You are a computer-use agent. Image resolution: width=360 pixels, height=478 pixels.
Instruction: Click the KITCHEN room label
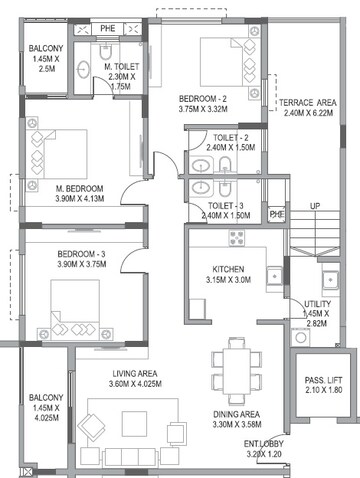coord(228,269)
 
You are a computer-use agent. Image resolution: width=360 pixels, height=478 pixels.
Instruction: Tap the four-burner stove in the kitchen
coord(237,238)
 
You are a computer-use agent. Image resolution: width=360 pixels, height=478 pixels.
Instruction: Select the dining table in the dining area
coord(237,371)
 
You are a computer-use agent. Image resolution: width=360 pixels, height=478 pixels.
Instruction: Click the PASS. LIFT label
coord(323,380)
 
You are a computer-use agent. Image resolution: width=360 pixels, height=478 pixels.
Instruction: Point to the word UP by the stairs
coord(315,206)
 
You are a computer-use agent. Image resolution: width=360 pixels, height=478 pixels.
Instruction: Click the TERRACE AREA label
coord(308,102)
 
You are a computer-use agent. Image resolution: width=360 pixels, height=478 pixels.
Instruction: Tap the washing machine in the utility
coord(301,337)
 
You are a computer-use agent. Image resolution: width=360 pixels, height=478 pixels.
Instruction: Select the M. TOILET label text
coord(122,66)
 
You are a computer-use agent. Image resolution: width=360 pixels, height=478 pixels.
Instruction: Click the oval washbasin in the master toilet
coord(83,70)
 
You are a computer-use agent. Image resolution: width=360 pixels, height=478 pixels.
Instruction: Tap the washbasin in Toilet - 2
coord(201,166)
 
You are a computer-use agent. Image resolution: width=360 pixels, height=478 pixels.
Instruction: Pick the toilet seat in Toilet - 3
coord(225,189)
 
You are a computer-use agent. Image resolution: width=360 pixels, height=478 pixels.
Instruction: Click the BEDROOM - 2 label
coord(203,99)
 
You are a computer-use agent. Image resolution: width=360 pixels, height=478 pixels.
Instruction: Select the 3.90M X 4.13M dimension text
coord(80,199)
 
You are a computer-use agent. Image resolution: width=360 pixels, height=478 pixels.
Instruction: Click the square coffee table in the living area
coord(134,424)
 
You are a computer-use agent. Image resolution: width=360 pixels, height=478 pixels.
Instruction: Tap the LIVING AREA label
coord(135,374)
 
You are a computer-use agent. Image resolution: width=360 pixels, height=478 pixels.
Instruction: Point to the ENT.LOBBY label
coord(264,444)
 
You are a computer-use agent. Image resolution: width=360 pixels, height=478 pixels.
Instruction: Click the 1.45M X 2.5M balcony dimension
coord(46,64)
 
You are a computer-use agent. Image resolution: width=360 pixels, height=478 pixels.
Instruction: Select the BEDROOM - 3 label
coord(81,254)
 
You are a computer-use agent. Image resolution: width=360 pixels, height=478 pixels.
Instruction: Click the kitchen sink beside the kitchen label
coord(274,276)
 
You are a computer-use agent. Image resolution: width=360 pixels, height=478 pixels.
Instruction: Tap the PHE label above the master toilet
coord(108,28)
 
